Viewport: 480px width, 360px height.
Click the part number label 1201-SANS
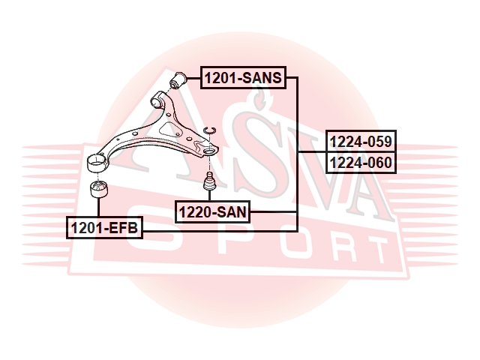coord(243,78)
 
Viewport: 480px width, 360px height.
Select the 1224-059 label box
coord(361,141)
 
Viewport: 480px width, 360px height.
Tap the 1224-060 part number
coord(361,163)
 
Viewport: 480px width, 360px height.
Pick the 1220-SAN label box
coord(213,211)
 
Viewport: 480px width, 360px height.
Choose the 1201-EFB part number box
coord(105,228)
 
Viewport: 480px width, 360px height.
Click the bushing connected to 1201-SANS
coord(178,80)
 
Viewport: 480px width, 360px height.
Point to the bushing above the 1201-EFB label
coord(99,189)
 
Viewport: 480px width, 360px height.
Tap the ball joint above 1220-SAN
coord(210,181)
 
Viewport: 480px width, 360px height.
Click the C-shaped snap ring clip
coord(210,130)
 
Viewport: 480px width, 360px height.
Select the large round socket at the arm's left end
coord(97,163)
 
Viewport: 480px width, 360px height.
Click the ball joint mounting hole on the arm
coord(209,151)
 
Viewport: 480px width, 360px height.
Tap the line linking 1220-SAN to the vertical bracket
coord(273,211)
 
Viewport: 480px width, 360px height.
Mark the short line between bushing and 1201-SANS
coord(193,78)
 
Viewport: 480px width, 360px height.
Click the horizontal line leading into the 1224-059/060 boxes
coord(312,151)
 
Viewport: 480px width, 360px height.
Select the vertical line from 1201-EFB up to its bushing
coord(98,207)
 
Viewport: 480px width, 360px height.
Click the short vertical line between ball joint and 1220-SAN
coord(210,195)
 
